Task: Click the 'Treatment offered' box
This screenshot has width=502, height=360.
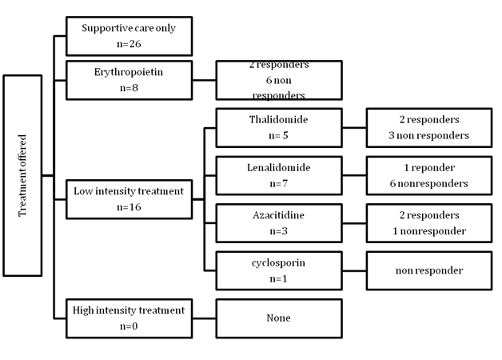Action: click(x=22, y=175)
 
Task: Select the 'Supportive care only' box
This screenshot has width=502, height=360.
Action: click(x=129, y=35)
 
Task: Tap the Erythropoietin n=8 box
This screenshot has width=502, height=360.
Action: click(x=129, y=79)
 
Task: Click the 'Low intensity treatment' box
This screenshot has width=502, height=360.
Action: click(x=129, y=198)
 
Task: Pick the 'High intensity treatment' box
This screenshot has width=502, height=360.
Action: click(x=129, y=318)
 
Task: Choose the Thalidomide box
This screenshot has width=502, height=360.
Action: click(x=279, y=127)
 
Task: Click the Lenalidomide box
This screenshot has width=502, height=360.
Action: click(x=279, y=175)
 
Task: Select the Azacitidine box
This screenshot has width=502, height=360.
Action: click(x=279, y=223)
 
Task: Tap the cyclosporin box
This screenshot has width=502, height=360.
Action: click(x=279, y=270)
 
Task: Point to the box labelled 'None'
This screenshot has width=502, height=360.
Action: click(x=279, y=318)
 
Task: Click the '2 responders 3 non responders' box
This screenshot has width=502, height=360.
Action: click(x=428, y=127)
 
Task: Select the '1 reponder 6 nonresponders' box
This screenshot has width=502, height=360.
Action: click(x=428, y=175)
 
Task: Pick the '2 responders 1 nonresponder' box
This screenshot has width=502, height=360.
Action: click(x=428, y=223)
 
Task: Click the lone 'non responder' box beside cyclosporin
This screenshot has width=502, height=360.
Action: click(x=428, y=270)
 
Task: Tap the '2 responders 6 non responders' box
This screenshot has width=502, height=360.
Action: click(x=279, y=79)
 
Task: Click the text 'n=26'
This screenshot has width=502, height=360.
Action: click(x=129, y=43)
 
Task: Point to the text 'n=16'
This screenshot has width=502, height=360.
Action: click(x=129, y=206)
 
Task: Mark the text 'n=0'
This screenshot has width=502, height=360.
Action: click(x=129, y=326)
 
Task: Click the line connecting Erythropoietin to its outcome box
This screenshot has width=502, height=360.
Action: click(x=204, y=79)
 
